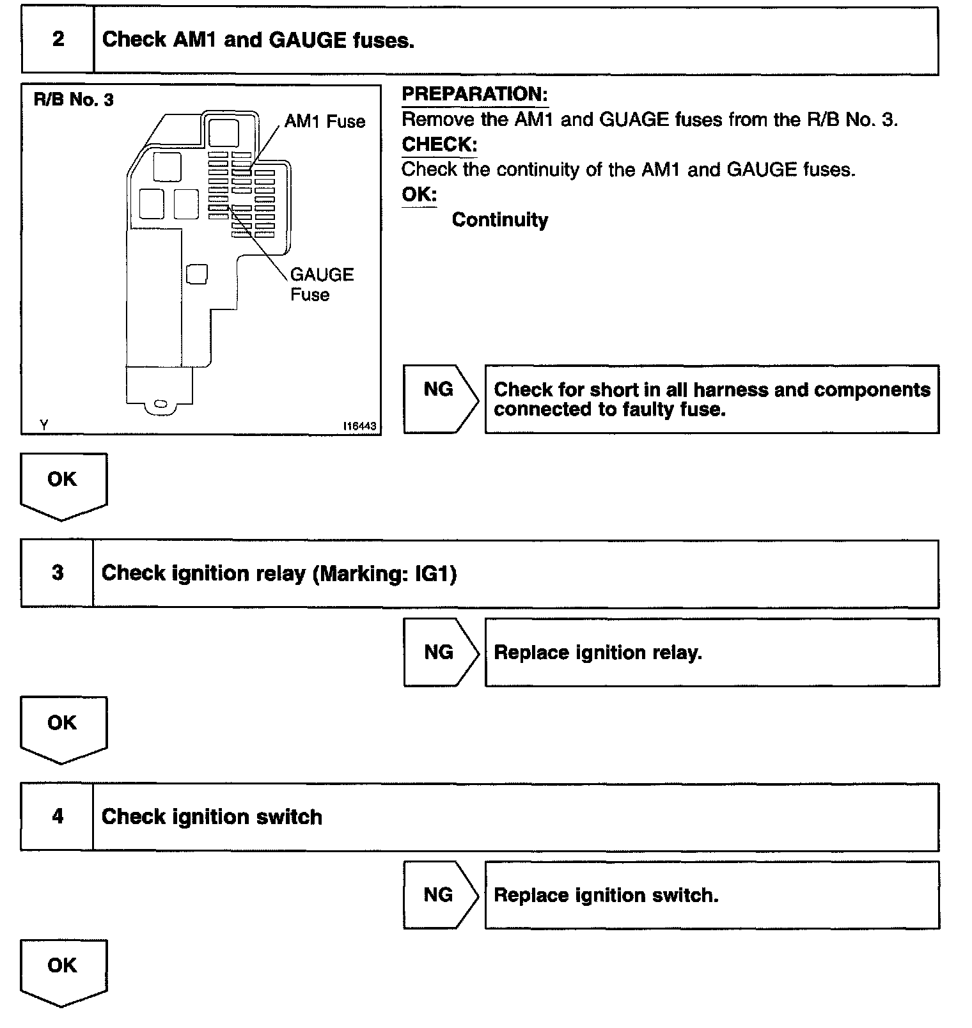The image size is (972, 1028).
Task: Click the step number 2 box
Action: coord(58,40)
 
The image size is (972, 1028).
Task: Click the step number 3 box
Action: coord(58,573)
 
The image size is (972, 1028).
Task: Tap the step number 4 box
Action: coord(58,816)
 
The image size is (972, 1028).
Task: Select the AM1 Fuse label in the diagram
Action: coord(325,121)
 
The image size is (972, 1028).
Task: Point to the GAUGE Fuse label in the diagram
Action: coord(321,284)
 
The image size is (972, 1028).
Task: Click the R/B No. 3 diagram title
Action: coord(74,100)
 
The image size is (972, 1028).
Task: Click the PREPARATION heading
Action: coord(474,95)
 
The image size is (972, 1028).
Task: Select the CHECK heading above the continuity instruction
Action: coord(439,144)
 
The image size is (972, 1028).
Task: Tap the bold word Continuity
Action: coord(499,220)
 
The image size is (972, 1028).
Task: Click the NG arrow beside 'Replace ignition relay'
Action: coord(440,652)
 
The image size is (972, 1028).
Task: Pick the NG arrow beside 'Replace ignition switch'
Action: coord(440,895)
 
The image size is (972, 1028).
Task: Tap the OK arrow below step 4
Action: coord(63,969)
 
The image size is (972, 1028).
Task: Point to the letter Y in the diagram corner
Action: coord(43,424)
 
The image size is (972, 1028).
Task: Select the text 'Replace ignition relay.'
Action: coord(598,653)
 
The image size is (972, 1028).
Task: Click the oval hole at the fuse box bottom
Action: coord(161,404)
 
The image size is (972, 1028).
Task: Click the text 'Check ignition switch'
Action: coord(212,817)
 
